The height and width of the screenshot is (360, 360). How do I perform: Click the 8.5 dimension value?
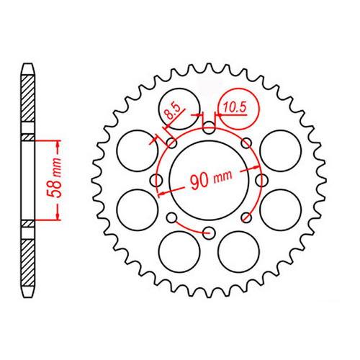[x=171, y=112]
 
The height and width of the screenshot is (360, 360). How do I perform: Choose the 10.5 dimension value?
[x=235, y=107]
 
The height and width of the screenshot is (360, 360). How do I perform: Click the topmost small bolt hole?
[x=209, y=130]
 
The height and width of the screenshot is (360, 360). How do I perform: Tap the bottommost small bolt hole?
[x=209, y=232]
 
